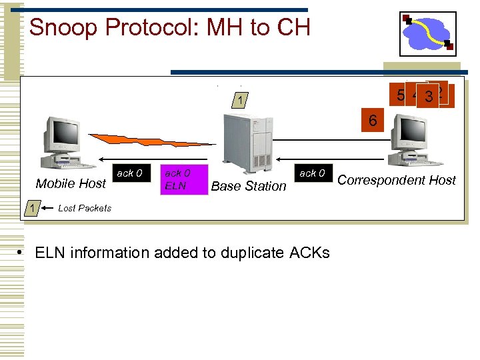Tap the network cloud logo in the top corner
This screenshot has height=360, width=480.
[x=427, y=33]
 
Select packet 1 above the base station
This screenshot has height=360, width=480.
[x=240, y=101]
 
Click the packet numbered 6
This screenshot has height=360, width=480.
[x=373, y=121]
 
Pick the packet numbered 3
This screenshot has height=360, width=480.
[x=429, y=97]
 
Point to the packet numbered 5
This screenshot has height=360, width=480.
[x=400, y=95]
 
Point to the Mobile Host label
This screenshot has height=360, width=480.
[x=71, y=184]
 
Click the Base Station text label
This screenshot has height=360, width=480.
[x=248, y=187]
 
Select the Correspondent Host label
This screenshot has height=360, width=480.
[x=397, y=180]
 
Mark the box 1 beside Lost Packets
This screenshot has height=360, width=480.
[x=31, y=208]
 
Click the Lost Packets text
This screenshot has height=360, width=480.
[x=85, y=208]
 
